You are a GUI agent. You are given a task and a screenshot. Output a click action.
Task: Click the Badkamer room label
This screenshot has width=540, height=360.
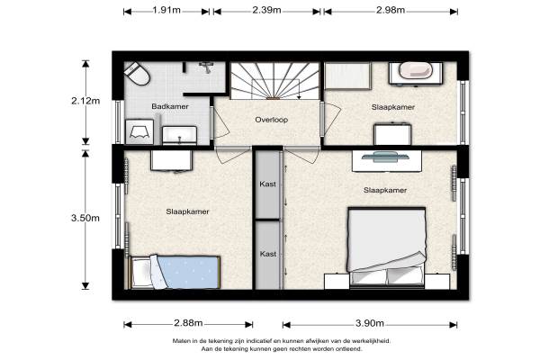click(170, 106)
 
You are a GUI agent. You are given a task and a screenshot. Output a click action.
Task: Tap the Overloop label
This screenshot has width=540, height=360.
click(272, 120)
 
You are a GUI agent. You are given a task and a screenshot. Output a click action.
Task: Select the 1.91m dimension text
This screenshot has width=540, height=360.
click(166, 10)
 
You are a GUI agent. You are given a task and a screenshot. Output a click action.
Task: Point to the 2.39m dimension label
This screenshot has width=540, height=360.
click(267, 10)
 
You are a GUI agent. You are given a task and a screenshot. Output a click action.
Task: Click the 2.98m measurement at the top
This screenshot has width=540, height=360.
click(391, 10)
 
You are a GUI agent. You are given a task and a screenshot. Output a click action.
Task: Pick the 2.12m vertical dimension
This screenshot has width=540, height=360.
click(85, 101)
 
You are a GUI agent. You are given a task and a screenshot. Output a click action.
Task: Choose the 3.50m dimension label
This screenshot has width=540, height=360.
click(85, 218)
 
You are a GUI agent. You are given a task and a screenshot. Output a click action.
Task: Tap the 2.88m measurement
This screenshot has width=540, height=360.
click(188, 323)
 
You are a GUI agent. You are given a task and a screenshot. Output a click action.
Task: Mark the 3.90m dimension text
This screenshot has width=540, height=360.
click(370, 323)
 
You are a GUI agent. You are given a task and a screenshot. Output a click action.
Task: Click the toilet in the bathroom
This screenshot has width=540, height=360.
click(137, 74)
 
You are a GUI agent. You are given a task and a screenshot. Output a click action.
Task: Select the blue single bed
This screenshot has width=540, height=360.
click(175, 272)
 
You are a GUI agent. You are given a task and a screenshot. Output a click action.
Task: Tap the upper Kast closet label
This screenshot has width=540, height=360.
click(268, 184)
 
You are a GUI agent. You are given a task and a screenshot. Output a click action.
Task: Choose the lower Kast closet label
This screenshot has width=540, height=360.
click(268, 254)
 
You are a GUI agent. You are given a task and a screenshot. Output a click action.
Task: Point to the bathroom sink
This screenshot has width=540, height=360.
click(179, 135)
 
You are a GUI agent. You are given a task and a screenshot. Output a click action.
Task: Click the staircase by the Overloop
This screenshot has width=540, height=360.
click(274, 81)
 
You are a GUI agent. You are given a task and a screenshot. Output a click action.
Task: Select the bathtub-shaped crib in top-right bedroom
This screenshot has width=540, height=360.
click(416, 73)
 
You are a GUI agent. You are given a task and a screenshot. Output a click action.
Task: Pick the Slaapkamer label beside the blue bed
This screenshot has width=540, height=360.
click(187, 211)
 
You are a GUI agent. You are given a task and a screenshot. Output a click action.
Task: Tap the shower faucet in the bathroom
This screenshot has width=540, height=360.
click(206, 67)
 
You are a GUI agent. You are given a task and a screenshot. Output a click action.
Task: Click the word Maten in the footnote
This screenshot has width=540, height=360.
click(181, 341)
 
